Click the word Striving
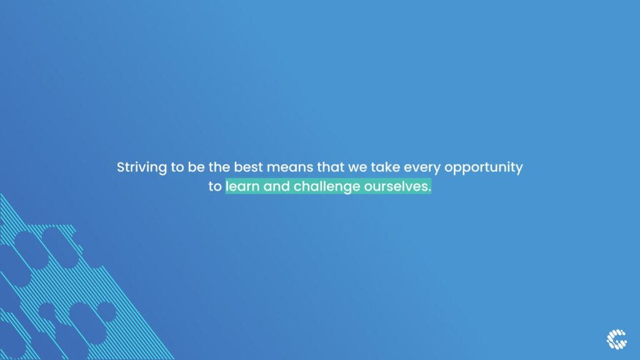[142, 167]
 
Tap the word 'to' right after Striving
[177, 167]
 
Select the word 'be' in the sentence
[196, 167]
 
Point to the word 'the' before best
[219, 167]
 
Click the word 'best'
[248, 167]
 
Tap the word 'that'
[331, 167]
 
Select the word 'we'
[357, 167]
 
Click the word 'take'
[385, 167]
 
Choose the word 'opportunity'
[483, 167]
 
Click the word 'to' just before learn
[215, 186]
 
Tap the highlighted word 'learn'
[242, 186]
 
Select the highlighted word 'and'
[276, 186]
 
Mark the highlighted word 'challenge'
[327, 187]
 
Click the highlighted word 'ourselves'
[396, 186]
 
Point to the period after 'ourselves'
[429, 191]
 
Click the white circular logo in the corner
[616, 339]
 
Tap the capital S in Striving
[121, 167]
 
